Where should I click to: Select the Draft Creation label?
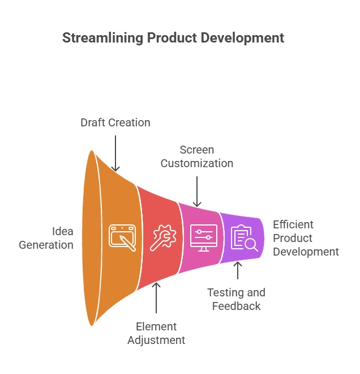pos(115,122)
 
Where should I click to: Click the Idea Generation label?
pos(46,239)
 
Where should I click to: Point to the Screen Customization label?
pos(196,156)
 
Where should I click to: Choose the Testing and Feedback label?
pos(236,299)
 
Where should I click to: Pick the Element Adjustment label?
pos(156,333)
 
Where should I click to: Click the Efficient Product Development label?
pos(306,238)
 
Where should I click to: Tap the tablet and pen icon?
pos(123,238)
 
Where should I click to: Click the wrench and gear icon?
pos(163,238)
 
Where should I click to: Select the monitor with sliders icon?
pos(203,238)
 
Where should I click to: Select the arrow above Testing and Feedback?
pos(238,271)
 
